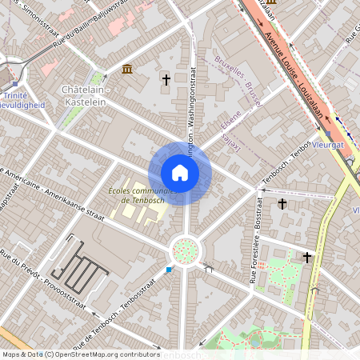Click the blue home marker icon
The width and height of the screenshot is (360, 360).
click(180, 172)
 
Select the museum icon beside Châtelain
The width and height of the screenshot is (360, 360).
click(127, 70)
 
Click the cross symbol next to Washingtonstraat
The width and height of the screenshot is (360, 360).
click(166, 79)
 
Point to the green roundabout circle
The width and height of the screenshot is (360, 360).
click(185, 251)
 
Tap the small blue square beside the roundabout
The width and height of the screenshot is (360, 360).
click(169, 270)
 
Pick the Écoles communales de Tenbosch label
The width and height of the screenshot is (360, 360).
click(142, 195)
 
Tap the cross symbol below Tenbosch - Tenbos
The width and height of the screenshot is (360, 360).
click(282, 205)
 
